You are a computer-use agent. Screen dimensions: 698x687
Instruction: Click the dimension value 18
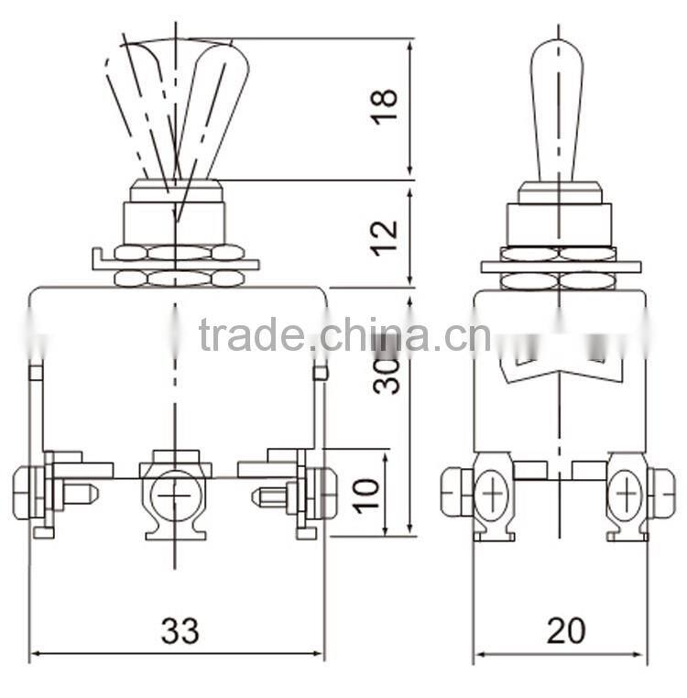pos(387,110)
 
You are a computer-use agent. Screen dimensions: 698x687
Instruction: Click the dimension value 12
pos(387,235)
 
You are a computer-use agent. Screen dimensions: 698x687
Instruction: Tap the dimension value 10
pos(366,493)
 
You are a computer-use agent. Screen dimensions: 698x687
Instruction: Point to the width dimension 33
pos(180,630)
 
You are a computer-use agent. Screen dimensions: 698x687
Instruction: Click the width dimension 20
pos(565,630)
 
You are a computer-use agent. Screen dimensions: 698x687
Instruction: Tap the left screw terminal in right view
pos(493,496)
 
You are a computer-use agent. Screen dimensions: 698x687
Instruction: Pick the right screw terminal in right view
pos(627,496)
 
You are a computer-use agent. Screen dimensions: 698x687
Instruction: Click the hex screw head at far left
pos(24,492)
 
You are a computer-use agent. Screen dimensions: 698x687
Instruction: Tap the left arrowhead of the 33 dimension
pos(35,655)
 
